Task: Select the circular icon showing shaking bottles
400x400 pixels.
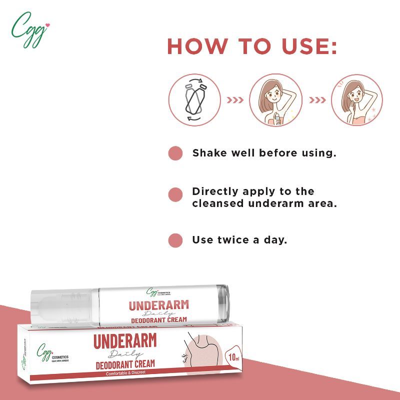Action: pyautogui.click(x=194, y=100)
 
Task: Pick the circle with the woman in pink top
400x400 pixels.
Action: pyautogui.click(x=357, y=100)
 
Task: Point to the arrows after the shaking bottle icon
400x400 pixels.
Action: pyautogui.click(x=235, y=100)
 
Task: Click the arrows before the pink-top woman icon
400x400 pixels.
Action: pyautogui.click(x=317, y=100)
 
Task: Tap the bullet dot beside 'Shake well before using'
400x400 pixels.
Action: pyautogui.click(x=175, y=153)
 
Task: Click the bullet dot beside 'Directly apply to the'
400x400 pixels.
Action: pyautogui.click(x=175, y=194)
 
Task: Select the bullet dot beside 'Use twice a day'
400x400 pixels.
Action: pyautogui.click(x=175, y=240)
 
